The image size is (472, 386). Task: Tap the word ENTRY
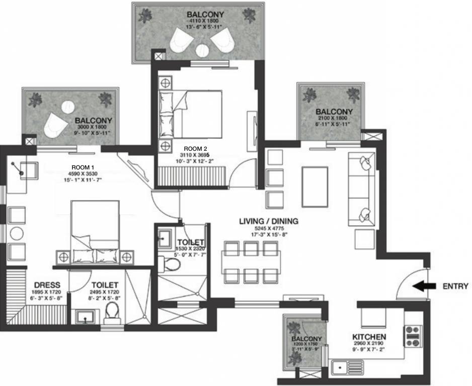(455, 286)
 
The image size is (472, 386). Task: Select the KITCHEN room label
(369, 337)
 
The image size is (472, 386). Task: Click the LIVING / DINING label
(268, 221)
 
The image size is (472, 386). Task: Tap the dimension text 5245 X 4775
(268, 229)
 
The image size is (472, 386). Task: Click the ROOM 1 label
(83, 167)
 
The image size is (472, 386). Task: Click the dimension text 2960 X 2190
(369, 344)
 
